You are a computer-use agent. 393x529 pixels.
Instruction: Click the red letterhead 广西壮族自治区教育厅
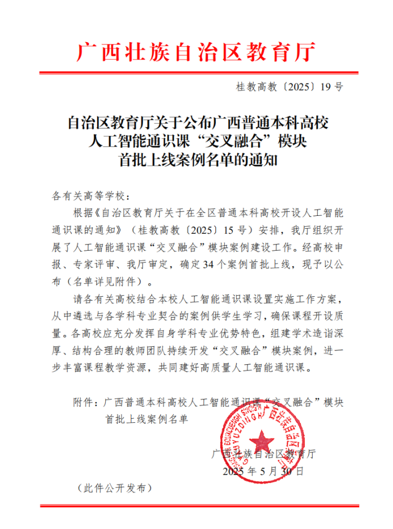[x=196, y=52]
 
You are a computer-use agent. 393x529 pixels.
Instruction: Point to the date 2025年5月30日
[x=263, y=471]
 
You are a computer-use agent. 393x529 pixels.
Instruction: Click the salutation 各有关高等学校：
[x=90, y=197]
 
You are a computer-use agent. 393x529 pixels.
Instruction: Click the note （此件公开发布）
[x=115, y=487]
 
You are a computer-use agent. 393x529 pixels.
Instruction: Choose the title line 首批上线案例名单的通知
[x=196, y=161]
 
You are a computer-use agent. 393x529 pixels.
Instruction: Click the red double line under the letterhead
[x=196, y=73]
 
